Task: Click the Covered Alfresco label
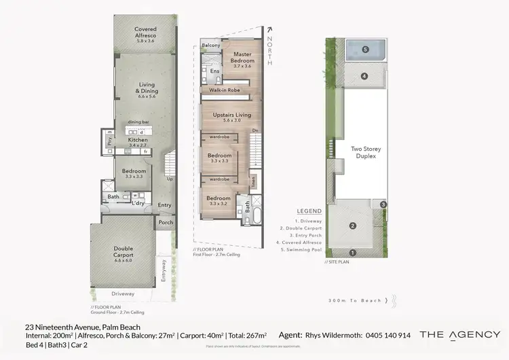coord(146,33)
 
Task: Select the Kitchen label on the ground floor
coord(138,143)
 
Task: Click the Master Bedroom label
coord(242,58)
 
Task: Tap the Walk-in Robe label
coord(225,90)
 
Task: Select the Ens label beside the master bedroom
coord(214,71)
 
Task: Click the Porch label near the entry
coord(166,222)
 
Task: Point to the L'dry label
coord(138,203)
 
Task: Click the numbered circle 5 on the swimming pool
coord(364,50)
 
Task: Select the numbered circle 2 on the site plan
coord(352,226)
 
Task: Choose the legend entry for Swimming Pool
coord(301,249)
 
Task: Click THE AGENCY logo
coord(459,334)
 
